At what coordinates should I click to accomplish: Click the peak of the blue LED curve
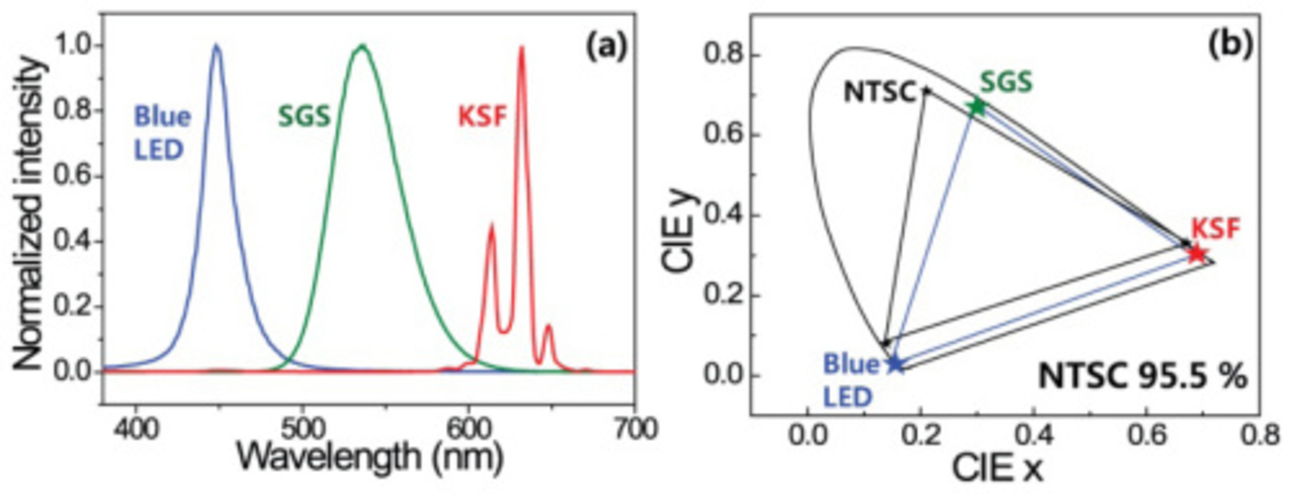coord(217,45)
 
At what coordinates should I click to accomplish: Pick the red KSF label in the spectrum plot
coord(482,117)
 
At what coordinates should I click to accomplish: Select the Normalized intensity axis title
coord(28,213)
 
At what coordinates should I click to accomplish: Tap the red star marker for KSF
coord(1197,254)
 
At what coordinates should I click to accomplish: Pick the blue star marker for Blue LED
coord(895,364)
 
